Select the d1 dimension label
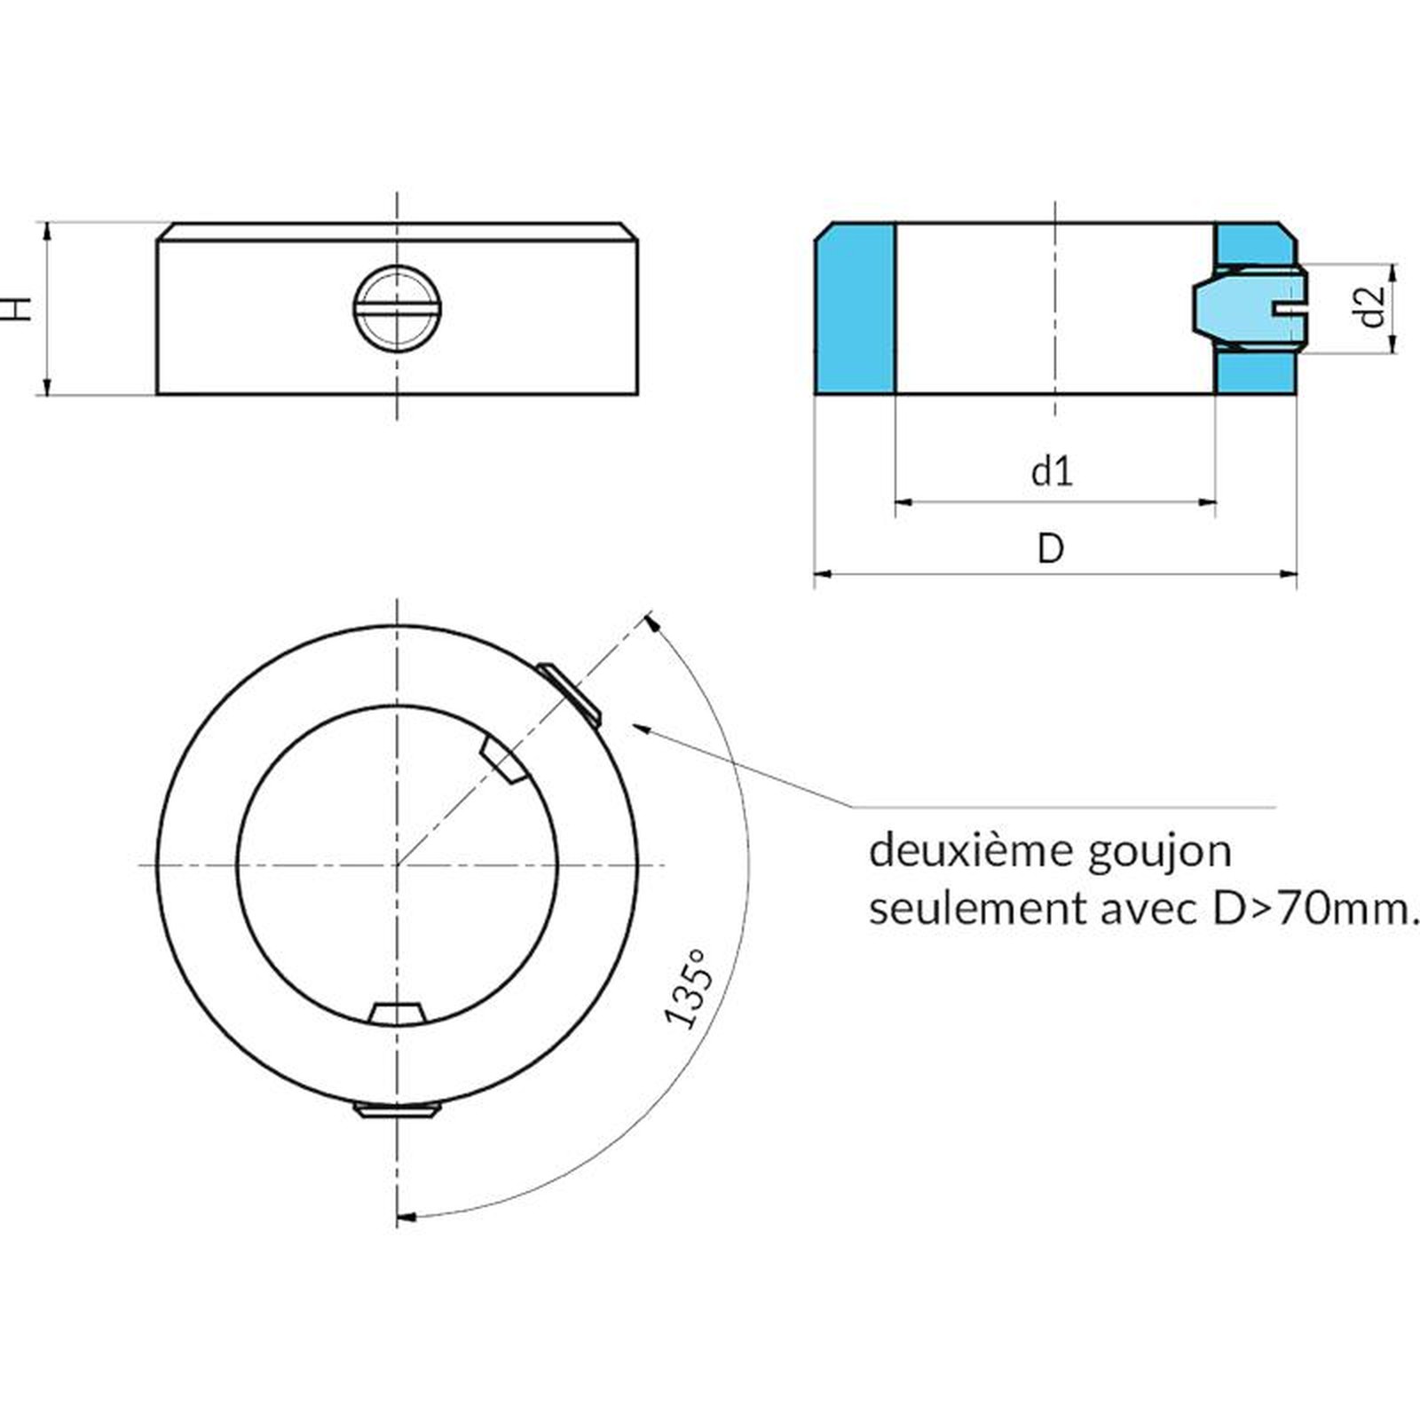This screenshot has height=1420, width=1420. pos(1052,470)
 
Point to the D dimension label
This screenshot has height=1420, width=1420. pos(1051,548)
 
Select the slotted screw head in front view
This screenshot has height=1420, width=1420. pos(398,308)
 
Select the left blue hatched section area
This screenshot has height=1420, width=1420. pos(855,309)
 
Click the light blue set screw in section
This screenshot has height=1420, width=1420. pos(1247,308)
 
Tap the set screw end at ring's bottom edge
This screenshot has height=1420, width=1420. pos(397,1110)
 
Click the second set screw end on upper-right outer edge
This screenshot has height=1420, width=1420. pos(569,691)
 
